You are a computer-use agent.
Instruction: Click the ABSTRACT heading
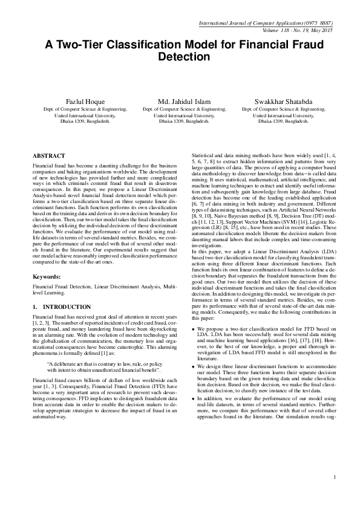point(49,155)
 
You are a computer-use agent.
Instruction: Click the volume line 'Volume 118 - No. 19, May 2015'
point(298,30)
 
